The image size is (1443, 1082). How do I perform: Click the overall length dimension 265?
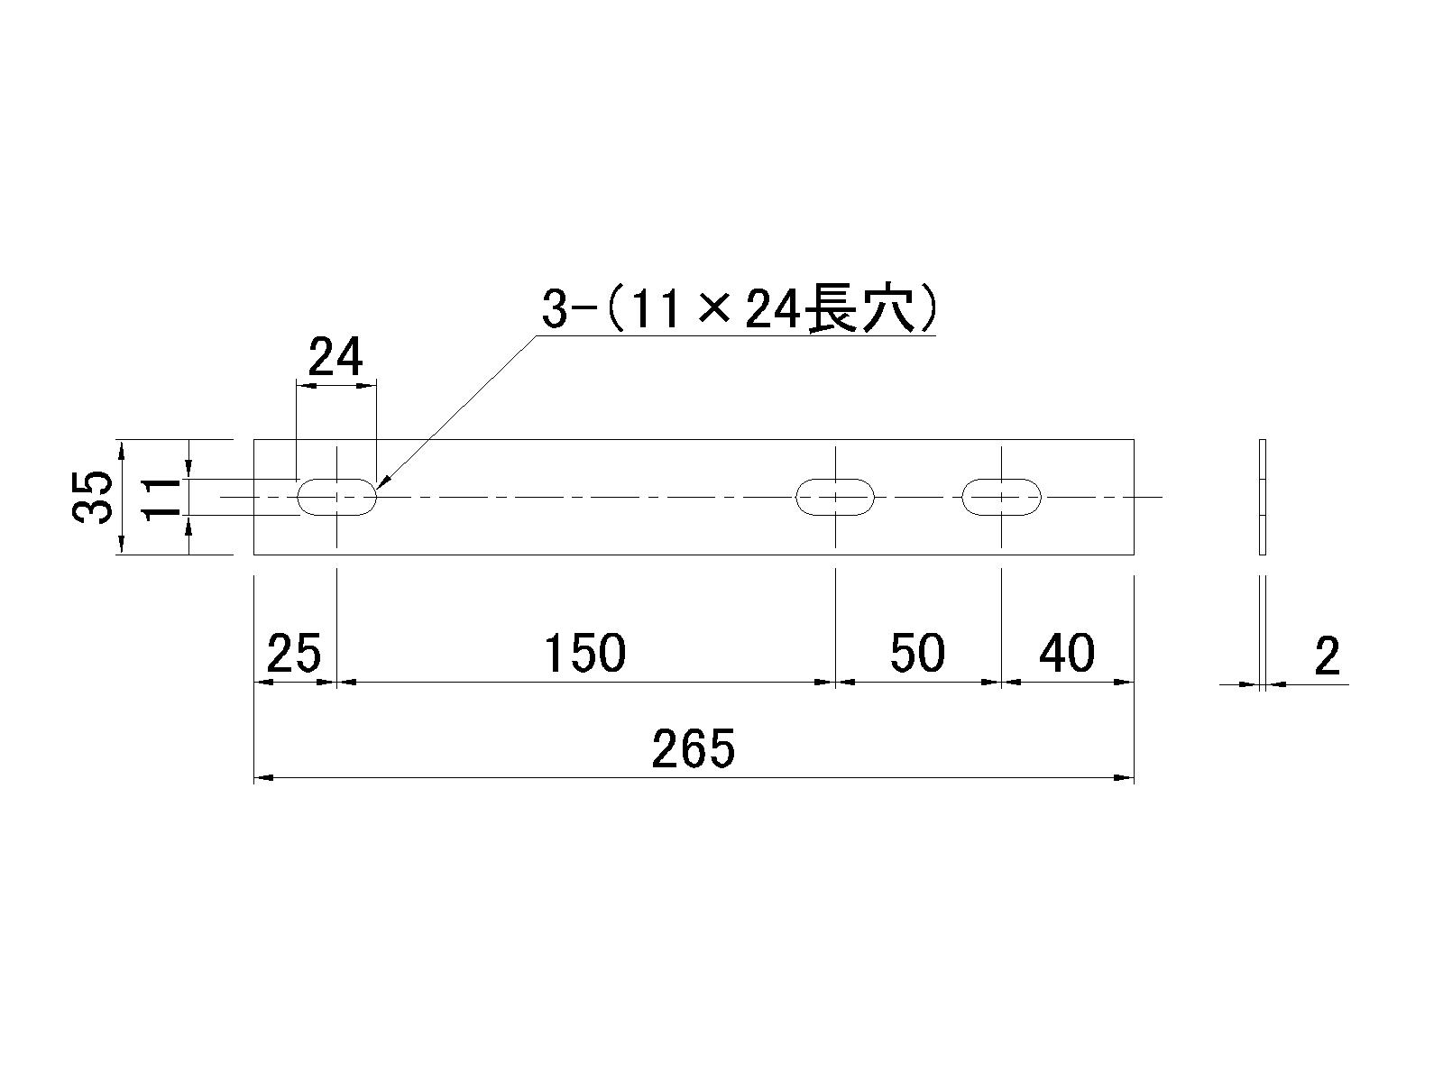point(694,748)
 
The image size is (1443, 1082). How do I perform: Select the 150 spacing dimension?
point(585,653)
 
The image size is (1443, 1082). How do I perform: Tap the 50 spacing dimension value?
point(918,653)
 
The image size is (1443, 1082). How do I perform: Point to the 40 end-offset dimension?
point(1067,653)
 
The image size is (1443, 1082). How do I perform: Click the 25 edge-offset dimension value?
point(295,653)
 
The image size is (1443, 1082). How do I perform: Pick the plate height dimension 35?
point(91,497)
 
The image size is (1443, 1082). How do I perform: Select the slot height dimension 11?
point(161,500)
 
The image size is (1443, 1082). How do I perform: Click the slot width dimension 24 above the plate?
point(335,357)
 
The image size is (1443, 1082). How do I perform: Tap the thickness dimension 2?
point(1328,656)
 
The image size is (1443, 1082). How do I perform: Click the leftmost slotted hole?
point(337,480)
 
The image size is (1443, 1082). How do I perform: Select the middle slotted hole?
point(835,480)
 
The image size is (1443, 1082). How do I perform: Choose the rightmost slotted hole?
point(1001,480)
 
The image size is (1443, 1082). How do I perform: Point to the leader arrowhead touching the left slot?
point(383,482)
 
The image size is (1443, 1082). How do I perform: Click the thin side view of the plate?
point(1263,497)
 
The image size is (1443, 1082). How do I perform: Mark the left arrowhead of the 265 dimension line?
point(263,778)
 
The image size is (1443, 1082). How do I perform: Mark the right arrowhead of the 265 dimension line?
point(1125,778)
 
